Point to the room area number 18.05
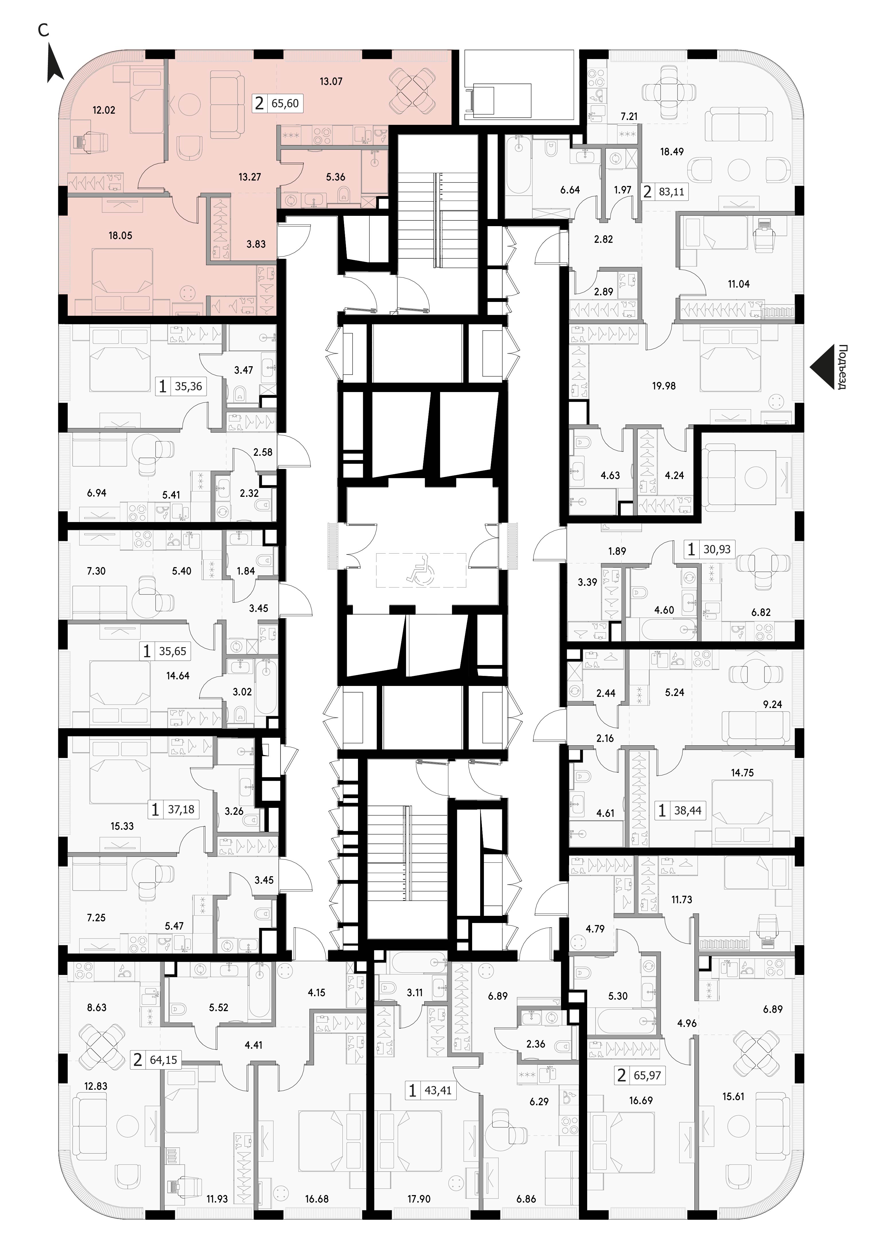click(x=120, y=236)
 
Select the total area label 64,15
click(x=164, y=1060)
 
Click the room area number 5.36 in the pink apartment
click(x=336, y=177)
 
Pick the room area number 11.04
click(x=739, y=284)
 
